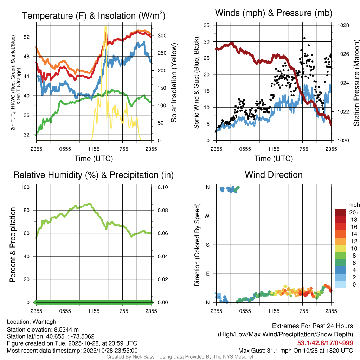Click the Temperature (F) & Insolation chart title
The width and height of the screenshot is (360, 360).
tap(94, 15)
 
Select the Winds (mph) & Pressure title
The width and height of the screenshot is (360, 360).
tap(274, 13)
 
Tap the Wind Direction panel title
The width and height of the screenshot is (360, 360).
tap(274, 174)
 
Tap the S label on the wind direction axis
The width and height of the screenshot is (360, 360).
tap(207, 245)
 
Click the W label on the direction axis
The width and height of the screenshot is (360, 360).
tap(207, 216)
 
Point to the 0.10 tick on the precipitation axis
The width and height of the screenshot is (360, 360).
tap(162, 187)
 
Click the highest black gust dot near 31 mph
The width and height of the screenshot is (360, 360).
tap(304, 38)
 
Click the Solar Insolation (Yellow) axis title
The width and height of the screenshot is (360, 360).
tap(174, 83)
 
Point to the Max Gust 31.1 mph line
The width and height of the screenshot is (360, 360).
tap(296, 350)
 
